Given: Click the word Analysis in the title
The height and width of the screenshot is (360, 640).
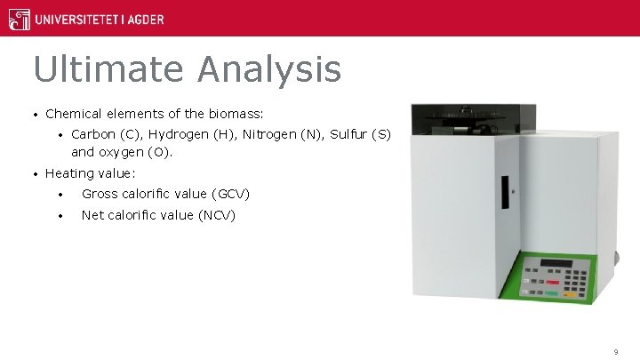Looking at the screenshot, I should tap(270, 69).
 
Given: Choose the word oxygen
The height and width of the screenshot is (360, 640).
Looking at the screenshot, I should tap(119, 152).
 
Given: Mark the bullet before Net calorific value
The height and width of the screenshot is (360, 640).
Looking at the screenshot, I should tap(60, 215).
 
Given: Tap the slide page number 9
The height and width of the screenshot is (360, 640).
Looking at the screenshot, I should tap(615, 352).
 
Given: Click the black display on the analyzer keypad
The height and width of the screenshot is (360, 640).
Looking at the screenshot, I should tap(556, 263).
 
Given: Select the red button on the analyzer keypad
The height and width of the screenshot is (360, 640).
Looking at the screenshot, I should tap(551, 291).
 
